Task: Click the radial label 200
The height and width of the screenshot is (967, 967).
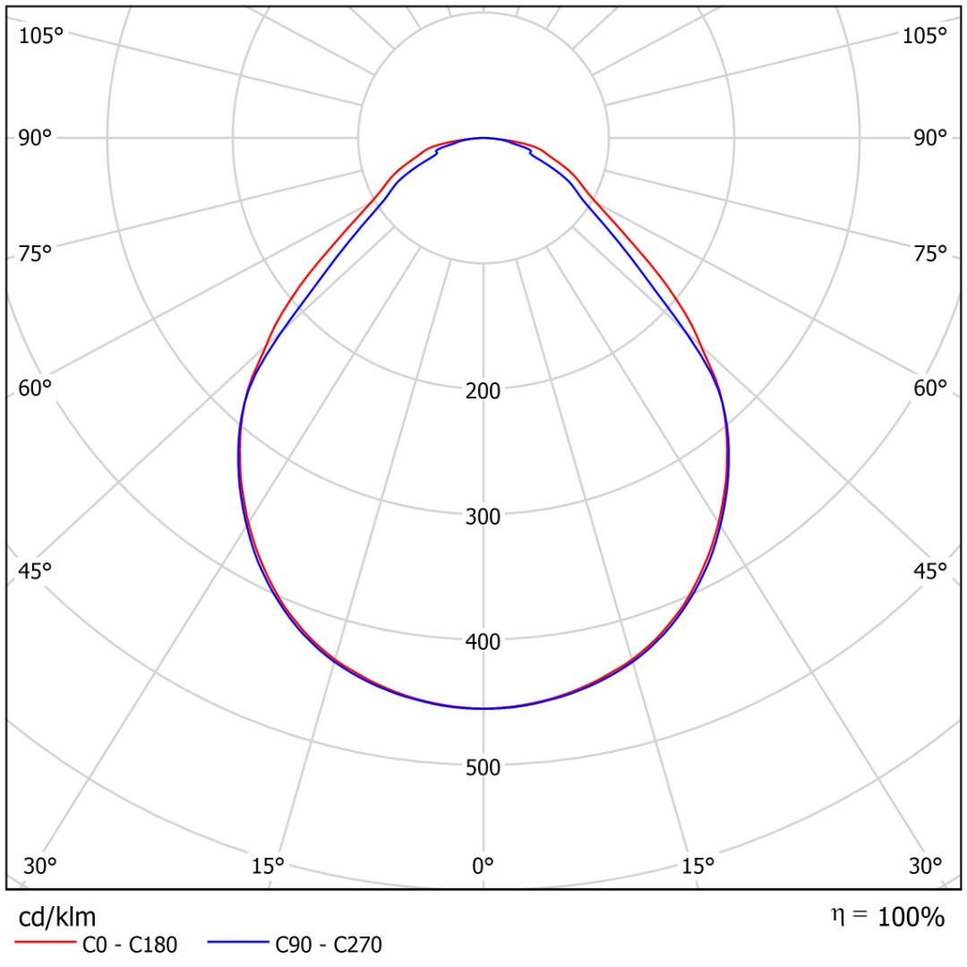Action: [483, 390]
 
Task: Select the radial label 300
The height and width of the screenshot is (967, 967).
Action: [483, 516]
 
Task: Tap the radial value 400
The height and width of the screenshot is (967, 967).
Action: [483, 641]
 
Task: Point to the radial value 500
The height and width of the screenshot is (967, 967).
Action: [483, 766]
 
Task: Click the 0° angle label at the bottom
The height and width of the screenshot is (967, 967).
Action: [483, 866]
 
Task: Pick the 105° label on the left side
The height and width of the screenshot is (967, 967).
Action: [41, 36]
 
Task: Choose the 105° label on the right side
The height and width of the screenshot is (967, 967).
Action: [925, 36]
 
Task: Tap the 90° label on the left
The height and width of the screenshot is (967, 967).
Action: [36, 137]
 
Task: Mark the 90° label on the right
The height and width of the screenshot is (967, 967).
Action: [930, 137]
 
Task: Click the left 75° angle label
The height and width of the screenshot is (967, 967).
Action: [36, 253]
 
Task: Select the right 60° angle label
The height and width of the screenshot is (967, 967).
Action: [930, 388]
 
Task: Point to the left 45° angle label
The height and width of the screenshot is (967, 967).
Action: [36, 570]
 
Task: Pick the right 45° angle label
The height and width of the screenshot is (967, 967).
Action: [930, 570]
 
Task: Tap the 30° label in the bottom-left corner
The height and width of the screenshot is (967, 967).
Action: [40, 866]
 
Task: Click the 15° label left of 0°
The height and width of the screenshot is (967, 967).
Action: [268, 866]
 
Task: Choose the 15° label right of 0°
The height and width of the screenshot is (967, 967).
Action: [698, 866]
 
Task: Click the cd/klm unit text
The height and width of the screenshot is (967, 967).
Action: [57, 917]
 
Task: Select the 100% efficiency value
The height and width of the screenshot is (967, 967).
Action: [911, 917]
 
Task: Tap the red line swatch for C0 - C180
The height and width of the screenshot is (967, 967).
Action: [43, 944]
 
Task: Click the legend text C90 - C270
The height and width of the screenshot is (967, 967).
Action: [329, 944]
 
